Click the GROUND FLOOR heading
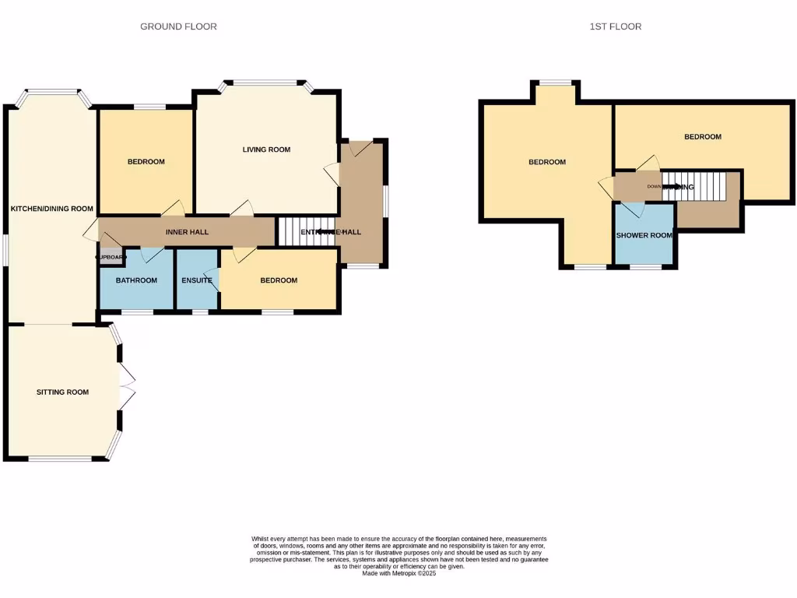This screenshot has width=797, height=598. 178,26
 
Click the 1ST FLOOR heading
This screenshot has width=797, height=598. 615,26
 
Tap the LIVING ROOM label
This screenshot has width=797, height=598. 266,149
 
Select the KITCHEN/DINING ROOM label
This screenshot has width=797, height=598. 51,209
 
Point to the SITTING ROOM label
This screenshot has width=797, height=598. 62,392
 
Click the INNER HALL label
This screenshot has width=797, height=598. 188,233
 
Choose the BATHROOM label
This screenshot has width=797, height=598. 137,280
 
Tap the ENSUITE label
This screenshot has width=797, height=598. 197,280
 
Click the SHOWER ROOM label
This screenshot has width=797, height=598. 644,235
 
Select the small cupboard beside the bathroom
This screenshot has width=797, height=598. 109,257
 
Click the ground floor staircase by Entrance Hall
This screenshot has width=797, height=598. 300,231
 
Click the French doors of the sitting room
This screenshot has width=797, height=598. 128,386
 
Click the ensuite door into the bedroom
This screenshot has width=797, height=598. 216,279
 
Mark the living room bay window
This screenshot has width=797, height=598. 265,83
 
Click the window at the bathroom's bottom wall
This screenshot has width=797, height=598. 137,312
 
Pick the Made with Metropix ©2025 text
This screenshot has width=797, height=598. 398,574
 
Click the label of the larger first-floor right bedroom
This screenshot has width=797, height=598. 702,137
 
